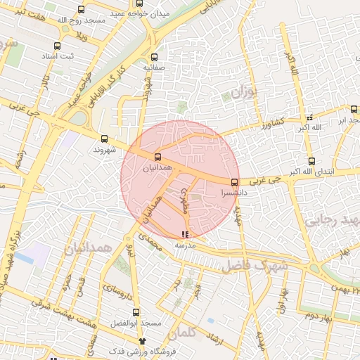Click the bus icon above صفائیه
(x=155, y=58)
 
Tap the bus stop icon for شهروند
(x=105, y=139)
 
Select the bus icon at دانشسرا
(x=234, y=182)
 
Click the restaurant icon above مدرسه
(x=184, y=234)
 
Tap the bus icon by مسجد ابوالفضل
(x=137, y=312)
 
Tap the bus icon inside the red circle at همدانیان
(x=157, y=157)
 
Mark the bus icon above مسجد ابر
(x=354, y=109)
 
